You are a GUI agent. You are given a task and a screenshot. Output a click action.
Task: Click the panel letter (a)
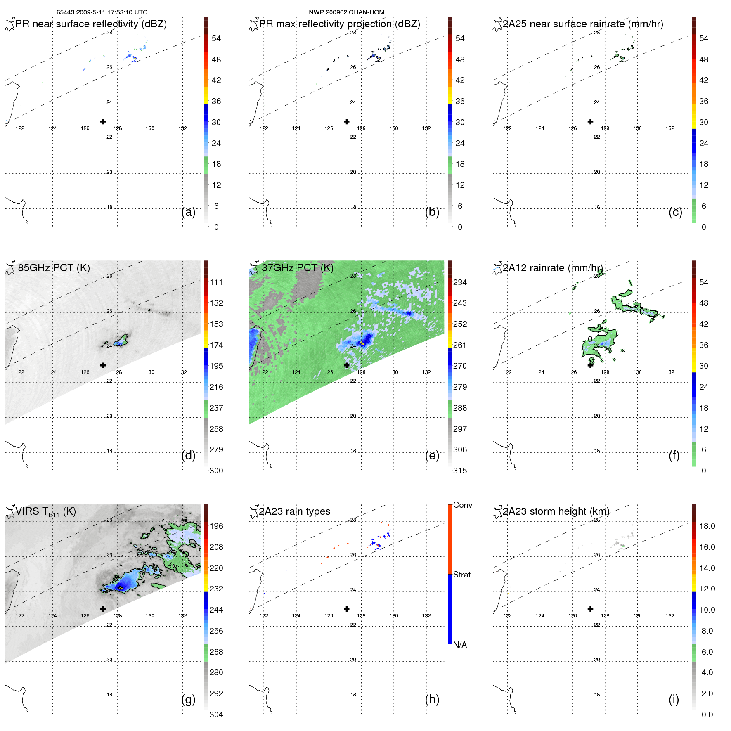point(188,212)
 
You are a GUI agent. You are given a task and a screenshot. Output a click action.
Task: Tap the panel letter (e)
point(432,455)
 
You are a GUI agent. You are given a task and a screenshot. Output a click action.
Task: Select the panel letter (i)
point(674,699)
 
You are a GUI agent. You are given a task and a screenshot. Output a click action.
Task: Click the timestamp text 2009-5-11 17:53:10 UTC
point(111,12)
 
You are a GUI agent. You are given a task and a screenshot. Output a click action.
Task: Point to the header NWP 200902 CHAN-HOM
point(346,12)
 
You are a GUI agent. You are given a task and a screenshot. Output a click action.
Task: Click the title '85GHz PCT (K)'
point(54,268)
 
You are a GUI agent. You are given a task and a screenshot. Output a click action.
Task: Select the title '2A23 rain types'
point(294,511)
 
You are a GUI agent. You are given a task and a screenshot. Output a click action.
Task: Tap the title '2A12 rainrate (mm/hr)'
point(552,268)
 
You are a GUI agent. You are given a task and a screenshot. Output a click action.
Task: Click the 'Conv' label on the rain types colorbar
point(462,505)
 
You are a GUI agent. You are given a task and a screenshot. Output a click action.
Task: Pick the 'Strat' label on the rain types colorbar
point(462,575)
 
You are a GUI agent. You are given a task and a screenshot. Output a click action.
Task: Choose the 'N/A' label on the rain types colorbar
point(460,645)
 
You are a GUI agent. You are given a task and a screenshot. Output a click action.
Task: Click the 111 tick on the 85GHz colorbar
point(216,282)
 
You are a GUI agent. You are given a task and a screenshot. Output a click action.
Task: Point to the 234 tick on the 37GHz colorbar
point(460,282)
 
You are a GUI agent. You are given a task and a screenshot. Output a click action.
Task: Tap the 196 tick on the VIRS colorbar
point(216,526)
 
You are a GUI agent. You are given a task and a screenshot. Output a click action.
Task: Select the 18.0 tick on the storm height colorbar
point(707,526)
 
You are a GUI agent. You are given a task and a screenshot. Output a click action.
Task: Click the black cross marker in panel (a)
point(103,121)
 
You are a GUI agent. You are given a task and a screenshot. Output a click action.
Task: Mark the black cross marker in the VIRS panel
point(103,609)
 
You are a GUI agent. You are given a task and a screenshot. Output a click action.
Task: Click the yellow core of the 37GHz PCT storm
point(362,343)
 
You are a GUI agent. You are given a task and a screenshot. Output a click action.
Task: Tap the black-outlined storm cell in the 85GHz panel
point(121,341)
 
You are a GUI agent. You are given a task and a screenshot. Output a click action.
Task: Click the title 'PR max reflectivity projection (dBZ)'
point(339,24)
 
